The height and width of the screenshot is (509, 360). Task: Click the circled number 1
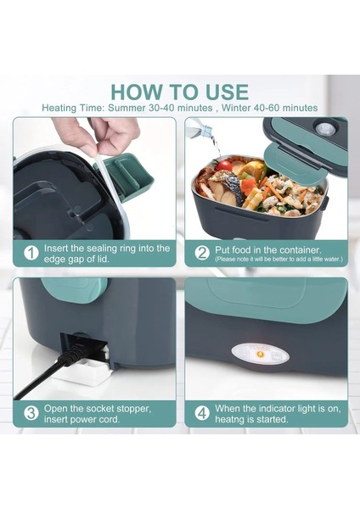point(31,253)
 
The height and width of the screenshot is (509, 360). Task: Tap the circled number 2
point(202,253)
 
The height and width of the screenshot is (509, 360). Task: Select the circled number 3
point(31,414)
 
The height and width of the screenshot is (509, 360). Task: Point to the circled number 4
point(202,414)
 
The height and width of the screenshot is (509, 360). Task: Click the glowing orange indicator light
point(260,354)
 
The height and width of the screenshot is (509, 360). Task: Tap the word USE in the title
point(227,92)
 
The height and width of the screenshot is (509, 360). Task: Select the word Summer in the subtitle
point(127,108)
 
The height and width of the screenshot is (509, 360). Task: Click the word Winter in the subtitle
point(238,108)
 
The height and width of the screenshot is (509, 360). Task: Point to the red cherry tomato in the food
point(223,166)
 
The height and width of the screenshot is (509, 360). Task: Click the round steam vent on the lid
point(325,129)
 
